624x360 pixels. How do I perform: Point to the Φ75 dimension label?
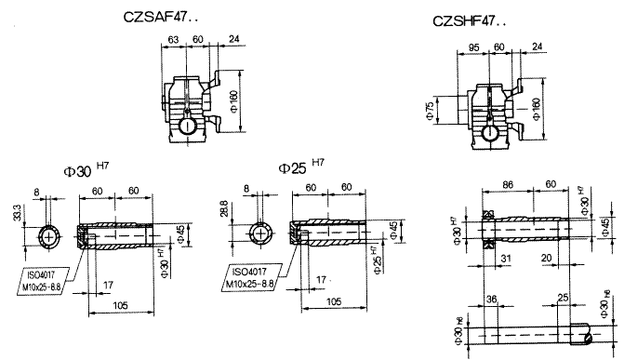(431, 110)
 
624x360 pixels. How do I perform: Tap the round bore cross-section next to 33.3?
(48, 237)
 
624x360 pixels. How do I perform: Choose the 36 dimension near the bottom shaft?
(491, 300)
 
